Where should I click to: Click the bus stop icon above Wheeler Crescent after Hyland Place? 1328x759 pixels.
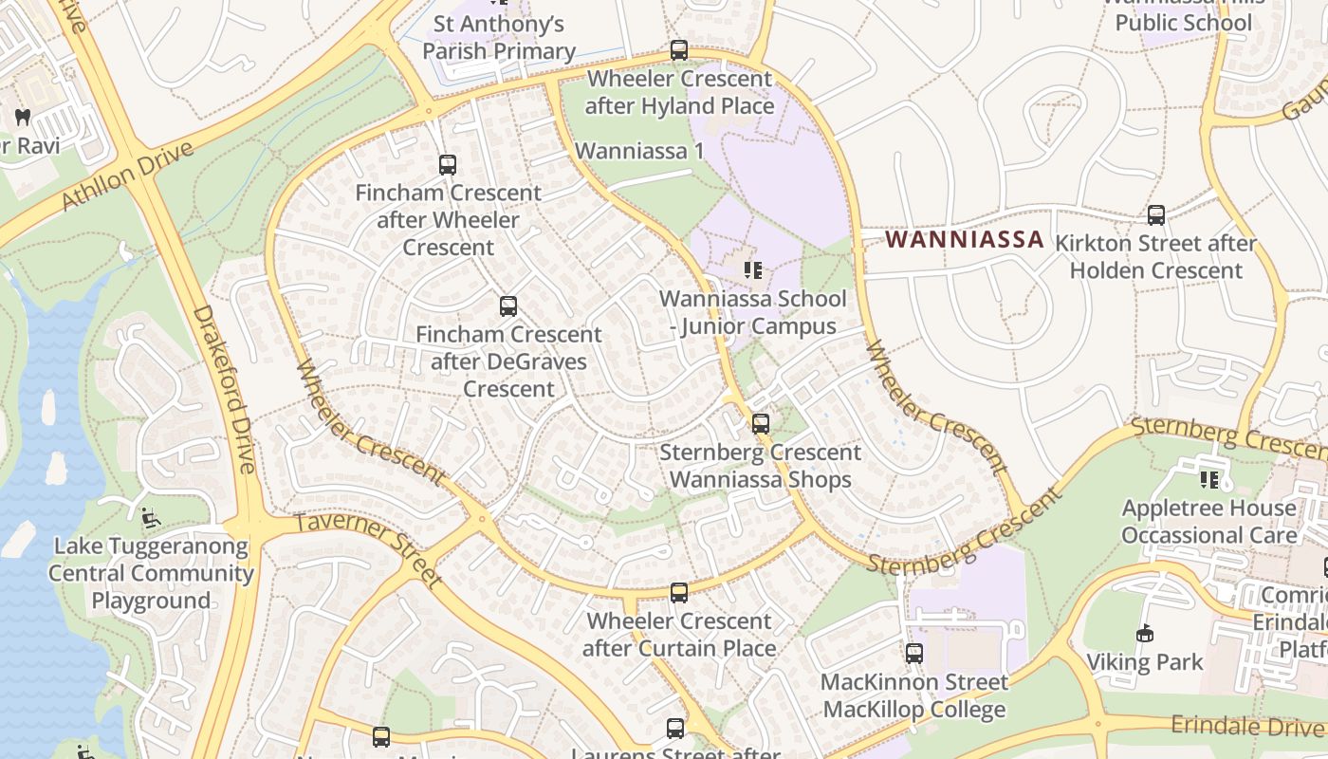pos(679,50)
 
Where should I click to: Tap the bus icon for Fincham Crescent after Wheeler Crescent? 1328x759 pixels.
pos(448,165)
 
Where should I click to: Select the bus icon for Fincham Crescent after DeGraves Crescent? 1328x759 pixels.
pos(508,306)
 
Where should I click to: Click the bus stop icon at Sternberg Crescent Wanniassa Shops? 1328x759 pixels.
pos(761,424)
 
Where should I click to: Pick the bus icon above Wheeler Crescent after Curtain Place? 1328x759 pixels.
pos(679,593)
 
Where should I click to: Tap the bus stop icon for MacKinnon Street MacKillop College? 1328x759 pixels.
pos(914,654)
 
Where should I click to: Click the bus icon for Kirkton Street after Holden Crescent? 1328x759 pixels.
pos(1156,215)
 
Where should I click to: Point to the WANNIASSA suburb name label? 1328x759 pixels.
pos(965,240)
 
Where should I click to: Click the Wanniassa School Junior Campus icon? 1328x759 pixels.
pos(753,270)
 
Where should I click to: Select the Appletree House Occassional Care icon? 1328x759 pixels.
pos(1208,480)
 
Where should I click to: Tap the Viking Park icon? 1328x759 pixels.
pos(1145,634)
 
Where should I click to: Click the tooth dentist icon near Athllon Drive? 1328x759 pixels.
pos(23,118)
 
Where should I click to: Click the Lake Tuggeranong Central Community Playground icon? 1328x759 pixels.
pos(151,518)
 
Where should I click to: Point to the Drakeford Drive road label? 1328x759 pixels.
pos(224,389)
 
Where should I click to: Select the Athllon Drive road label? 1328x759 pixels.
pos(128,176)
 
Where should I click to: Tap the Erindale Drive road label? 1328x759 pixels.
pos(1246,726)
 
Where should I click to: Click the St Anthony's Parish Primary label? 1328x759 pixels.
pos(499,37)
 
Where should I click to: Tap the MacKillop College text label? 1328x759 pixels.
pos(914,709)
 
